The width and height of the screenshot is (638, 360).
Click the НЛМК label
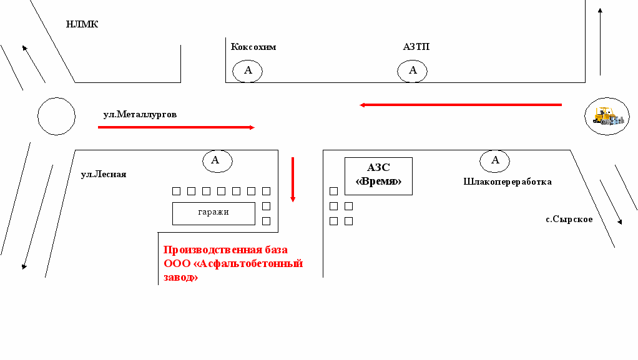(x=82, y=25)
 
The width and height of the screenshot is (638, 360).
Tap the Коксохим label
(x=253, y=47)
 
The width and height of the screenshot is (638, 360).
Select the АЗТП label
(x=416, y=47)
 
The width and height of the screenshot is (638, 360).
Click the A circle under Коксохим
(x=248, y=71)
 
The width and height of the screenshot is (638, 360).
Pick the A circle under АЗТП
(x=412, y=71)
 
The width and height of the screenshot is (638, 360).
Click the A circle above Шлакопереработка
(x=495, y=160)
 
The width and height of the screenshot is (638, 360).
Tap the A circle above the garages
(x=217, y=160)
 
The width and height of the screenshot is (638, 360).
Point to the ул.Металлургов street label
(x=140, y=115)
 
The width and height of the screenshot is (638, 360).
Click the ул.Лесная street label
(x=104, y=174)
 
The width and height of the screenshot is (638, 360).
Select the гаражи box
(x=213, y=213)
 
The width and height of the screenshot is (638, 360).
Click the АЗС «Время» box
(x=378, y=175)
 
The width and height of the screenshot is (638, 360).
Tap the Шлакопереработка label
(x=507, y=182)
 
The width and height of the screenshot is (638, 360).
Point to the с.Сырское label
(x=569, y=219)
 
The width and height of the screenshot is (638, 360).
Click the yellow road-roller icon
(x=606, y=116)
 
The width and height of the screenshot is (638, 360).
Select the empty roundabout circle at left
(x=56, y=116)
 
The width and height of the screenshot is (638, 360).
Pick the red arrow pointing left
(x=461, y=105)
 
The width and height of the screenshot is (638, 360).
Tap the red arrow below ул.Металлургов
(x=176, y=127)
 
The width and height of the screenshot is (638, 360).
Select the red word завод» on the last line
(x=180, y=278)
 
